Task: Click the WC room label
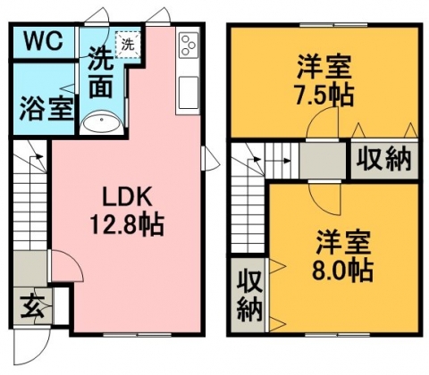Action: click(44, 42)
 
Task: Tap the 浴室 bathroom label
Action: click(46, 109)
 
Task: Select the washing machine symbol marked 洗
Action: click(128, 45)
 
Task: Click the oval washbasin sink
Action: click(102, 122)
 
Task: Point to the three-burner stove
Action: click(189, 46)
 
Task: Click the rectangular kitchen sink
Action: click(189, 93)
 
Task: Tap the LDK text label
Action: click(127, 197)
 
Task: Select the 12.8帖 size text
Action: click(127, 225)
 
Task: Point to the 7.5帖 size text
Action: click(324, 95)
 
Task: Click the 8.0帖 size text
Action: click(342, 271)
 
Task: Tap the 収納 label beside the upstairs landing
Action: click(384, 159)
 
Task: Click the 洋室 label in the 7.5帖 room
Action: click(324, 68)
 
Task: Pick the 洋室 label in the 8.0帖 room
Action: click(343, 243)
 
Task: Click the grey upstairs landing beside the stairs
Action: click(323, 160)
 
